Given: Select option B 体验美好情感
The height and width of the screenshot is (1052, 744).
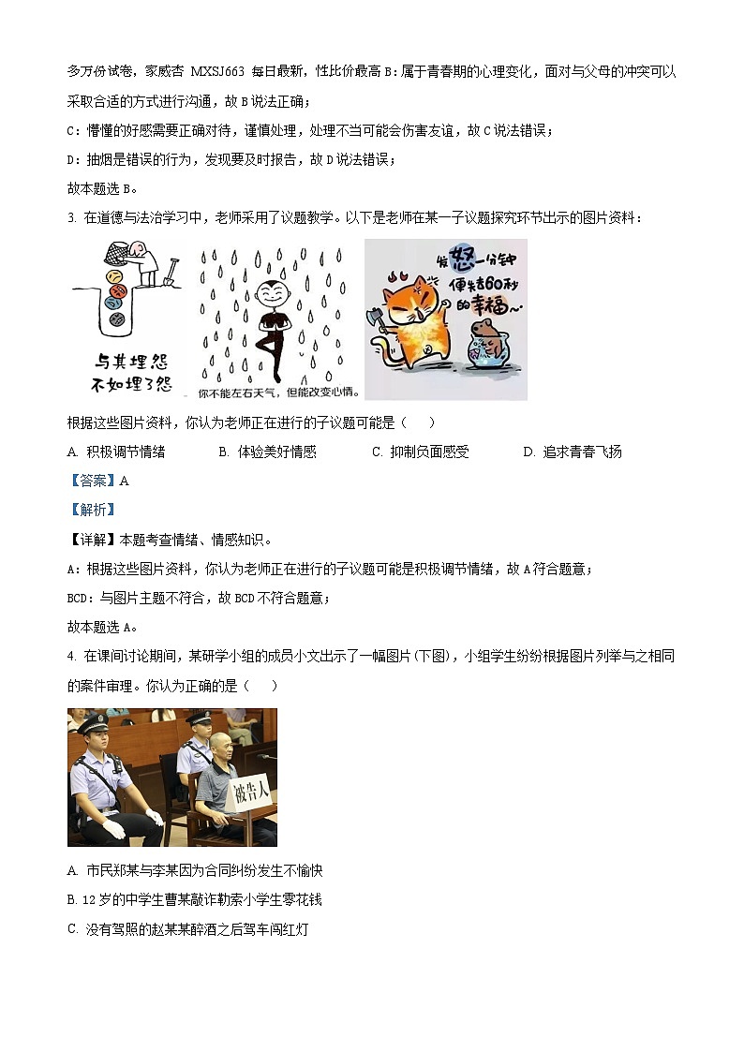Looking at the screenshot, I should click(x=268, y=452).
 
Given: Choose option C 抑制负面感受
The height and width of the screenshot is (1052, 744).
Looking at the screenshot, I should click(x=421, y=452).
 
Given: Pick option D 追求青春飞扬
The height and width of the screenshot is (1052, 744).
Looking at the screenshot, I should click(x=573, y=452).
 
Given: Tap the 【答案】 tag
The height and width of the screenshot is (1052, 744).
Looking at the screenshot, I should click(x=91, y=481).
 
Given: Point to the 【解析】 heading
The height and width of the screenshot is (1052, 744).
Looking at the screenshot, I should click(x=91, y=510).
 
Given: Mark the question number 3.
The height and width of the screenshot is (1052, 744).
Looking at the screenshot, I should click(x=71, y=218).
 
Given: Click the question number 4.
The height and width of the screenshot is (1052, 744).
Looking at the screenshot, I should click(x=71, y=657).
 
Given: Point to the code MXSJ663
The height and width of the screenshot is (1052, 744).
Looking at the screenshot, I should click(x=217, y=71).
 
